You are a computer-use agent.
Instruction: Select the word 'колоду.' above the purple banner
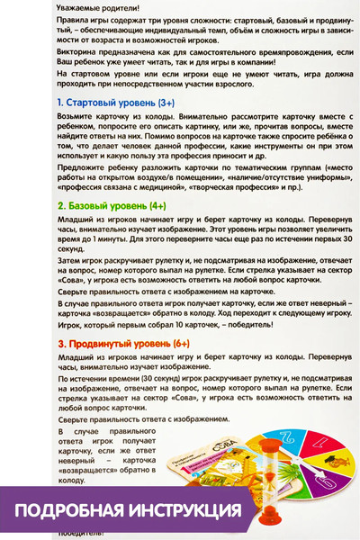point(62,481)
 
